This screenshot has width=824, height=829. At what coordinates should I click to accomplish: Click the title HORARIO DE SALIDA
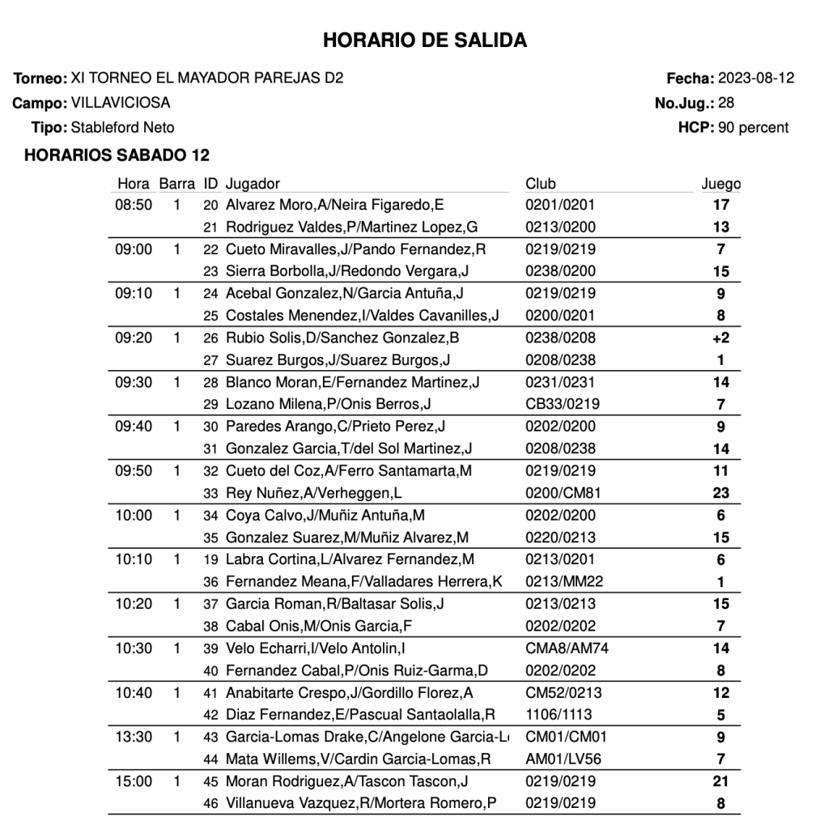[425, 40]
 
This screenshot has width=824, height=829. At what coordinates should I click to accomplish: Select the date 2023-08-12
[756, 79]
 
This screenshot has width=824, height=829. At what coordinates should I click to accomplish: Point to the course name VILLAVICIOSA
[121, 103]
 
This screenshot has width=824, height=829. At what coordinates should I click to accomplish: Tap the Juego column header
[720, 184]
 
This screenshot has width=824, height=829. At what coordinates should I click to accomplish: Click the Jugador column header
[253, 184]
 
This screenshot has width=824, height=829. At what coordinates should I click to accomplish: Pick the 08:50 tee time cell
[134, 205]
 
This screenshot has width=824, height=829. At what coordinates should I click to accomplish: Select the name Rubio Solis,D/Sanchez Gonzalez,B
[342, 338]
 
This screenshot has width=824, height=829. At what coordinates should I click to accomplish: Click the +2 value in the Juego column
[720, 338]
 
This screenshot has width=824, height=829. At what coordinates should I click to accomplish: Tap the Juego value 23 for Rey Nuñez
[720, 493]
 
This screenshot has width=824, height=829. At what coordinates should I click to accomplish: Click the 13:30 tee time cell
[134, 737]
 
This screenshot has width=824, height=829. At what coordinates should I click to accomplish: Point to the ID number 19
[211, 559]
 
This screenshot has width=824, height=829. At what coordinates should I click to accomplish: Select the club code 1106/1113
[559, 715]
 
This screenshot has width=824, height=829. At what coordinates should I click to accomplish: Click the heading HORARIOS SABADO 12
[117, 155]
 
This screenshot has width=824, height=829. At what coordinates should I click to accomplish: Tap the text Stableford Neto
[122, 127]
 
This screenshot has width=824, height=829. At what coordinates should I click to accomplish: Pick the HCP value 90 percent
[753, 127]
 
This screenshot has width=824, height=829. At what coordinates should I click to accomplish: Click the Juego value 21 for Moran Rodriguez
[720, 781]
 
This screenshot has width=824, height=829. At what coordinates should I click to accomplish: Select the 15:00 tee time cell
[134, 781]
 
